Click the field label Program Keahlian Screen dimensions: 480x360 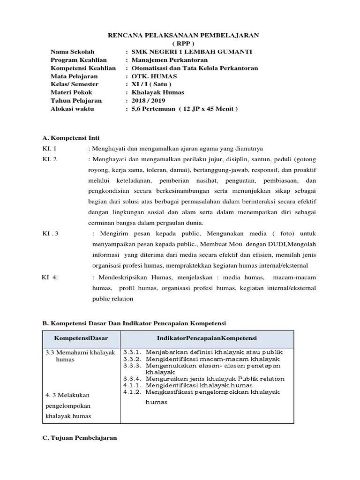tap(79, 60)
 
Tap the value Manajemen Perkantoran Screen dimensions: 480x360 tap(169, 60)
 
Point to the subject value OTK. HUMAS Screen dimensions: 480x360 tap(151, 76)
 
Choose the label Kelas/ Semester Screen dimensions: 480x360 tap(75, 84)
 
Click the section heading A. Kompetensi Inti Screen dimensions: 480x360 tap(71, 138)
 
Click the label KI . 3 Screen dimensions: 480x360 tap(50, 233)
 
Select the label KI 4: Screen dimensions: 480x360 tap(50, 277)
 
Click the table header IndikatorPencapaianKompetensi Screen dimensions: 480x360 tap(207, 338)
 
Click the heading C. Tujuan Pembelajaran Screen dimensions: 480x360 tap(80, 438)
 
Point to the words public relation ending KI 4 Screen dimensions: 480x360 tap(113, 299)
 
